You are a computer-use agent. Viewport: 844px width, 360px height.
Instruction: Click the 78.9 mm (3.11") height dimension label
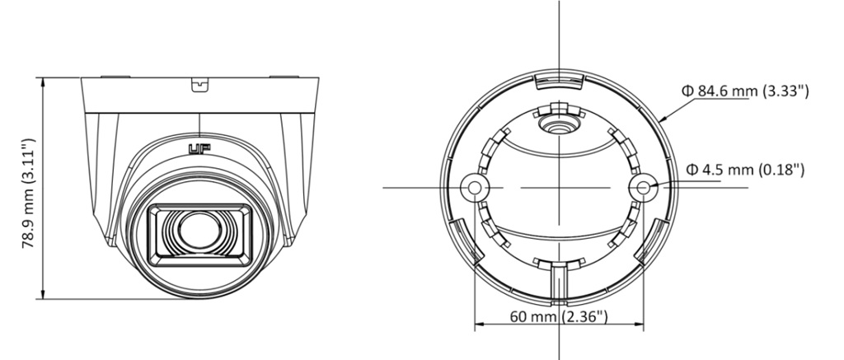(x=29, y=194)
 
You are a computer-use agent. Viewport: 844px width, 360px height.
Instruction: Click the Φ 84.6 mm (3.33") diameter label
(x=745, y=91)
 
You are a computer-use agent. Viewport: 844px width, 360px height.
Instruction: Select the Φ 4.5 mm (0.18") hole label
(x=745, y=170)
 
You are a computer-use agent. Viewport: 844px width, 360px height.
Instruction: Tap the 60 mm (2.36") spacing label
(x=559, y=316)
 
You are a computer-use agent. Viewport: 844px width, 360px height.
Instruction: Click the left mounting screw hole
(x=474, y=187)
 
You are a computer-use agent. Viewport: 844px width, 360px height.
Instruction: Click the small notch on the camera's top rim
(x=199, y=84)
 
